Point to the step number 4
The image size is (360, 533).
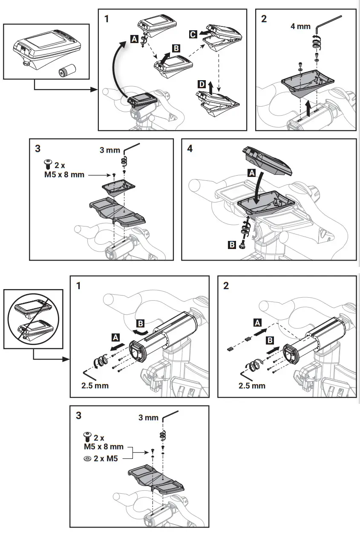[190, 148]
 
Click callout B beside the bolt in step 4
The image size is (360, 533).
[232, 245]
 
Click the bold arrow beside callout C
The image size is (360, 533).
[206, 33]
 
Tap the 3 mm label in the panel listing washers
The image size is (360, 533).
[148, 417]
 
